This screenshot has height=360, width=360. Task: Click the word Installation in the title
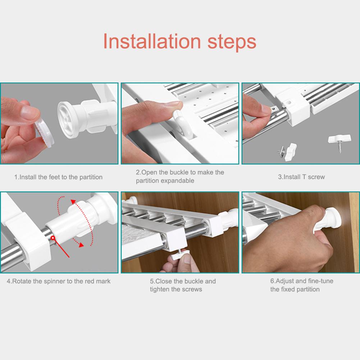click(152, 41)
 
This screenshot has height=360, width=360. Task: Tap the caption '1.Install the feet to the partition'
click(58, 177)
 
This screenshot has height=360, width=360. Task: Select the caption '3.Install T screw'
click(301, 177)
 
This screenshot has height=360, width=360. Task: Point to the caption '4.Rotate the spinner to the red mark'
click(59, 281)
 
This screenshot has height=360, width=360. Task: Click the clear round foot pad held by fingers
click(45, 131)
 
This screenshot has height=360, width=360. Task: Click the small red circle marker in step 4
click(53, 238)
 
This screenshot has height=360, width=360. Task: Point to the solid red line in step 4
click(61, 248)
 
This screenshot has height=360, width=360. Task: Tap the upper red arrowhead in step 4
click(73, 202)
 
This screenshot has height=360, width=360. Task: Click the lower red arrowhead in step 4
click(81, 245)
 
